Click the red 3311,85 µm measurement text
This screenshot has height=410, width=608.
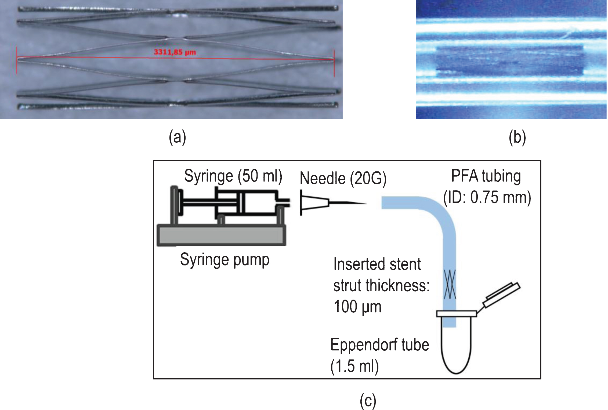coord(175,52)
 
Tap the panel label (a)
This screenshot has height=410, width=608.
coord(178,137)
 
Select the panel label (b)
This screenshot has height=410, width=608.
coord(517,137)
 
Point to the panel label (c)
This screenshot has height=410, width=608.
coord(368,401)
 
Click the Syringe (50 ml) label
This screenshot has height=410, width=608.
coord(233,176)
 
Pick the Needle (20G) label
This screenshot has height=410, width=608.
coord(343,178)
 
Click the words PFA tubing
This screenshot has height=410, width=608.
coord(486,176)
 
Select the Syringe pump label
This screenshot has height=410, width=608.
coord(225,260)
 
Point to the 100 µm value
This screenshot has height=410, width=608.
coord(357,307)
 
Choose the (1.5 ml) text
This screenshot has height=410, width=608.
coord(354,366)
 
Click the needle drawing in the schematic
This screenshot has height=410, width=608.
coord(333,203)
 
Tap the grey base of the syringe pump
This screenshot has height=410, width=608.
coord(221,235)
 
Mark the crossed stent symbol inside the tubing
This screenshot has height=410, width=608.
coord(450,285)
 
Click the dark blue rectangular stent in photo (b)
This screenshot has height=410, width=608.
coord(510,60)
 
